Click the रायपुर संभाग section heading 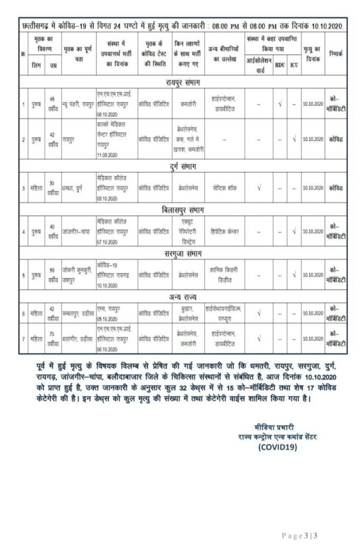(x=180, y=82)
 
